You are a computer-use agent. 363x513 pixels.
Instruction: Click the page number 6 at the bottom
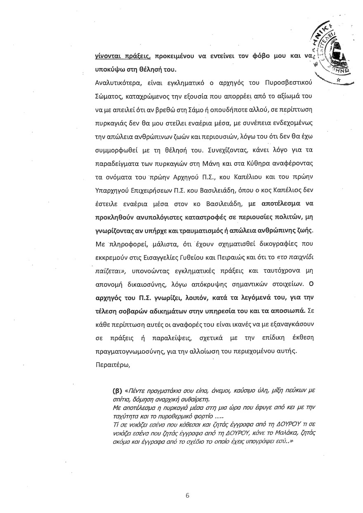[x=187, y=496]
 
